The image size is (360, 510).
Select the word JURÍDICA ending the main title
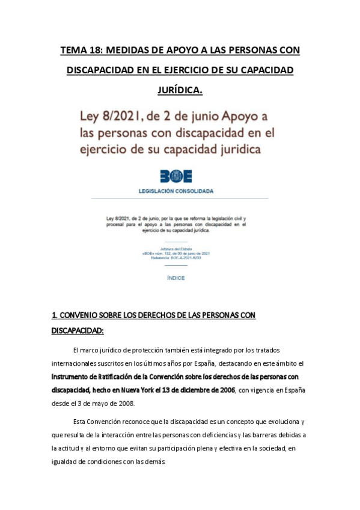180,90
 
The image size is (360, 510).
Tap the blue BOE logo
175,176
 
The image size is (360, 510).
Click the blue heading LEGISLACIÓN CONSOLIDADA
176,191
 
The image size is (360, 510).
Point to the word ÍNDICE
175,278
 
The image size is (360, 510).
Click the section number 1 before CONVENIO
55,315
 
